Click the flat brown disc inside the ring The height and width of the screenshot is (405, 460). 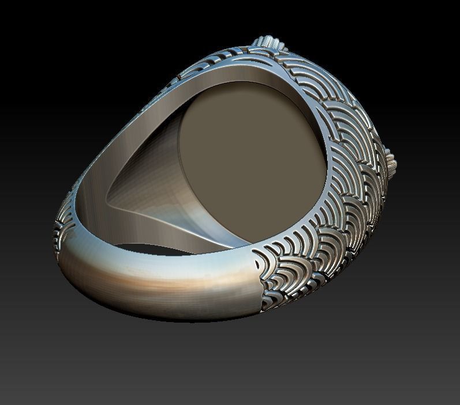click(x=254, y=161)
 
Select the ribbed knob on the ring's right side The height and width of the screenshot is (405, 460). click(x=391, y=161)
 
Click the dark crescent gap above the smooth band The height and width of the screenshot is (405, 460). click(x=150, y=249)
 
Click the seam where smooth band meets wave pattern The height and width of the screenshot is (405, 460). click(x=257, y=282)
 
